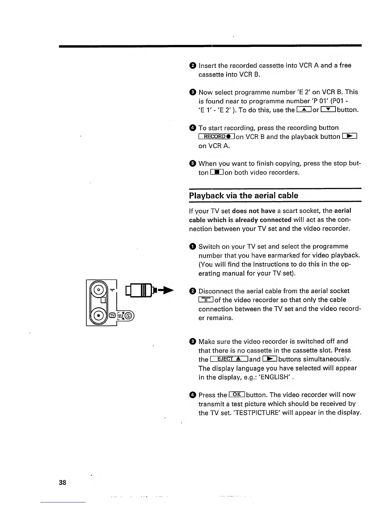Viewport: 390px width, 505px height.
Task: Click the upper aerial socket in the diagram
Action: [x=99, y=290]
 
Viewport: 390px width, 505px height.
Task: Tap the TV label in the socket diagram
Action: [x=112, y=316]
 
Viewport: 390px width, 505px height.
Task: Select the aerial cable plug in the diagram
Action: [x=140, y=290]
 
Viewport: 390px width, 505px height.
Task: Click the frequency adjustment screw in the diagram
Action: [x=128, y=316]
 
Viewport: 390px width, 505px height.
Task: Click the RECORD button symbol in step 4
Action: [x=217, y=137]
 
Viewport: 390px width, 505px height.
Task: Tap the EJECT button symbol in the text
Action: [x=229, y=359]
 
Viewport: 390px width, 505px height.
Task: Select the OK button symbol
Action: [x=237, y=394]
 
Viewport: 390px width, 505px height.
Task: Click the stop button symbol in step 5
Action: [x=217, y=172]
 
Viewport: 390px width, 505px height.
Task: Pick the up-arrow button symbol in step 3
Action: [x=304, y=110]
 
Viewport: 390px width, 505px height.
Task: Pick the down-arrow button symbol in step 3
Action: [x=328, y=110]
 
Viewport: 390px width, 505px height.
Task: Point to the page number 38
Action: [x=62, y=482]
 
